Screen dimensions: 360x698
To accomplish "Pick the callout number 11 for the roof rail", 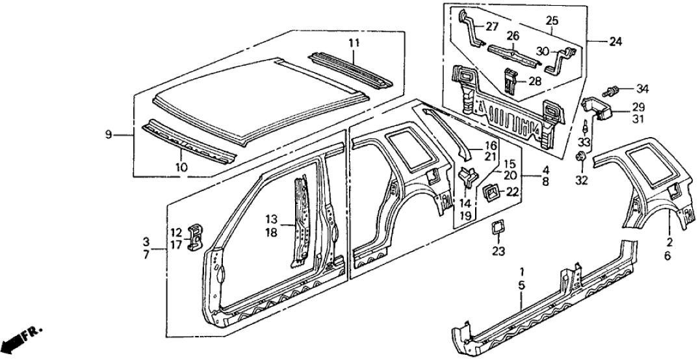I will [354, 44].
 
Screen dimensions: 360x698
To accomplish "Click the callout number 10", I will [182, 167].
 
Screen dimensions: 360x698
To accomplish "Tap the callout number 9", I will [109, 135].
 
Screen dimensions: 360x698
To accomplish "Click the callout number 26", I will [513, 37].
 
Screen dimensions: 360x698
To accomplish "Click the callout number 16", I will [490, 146].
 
